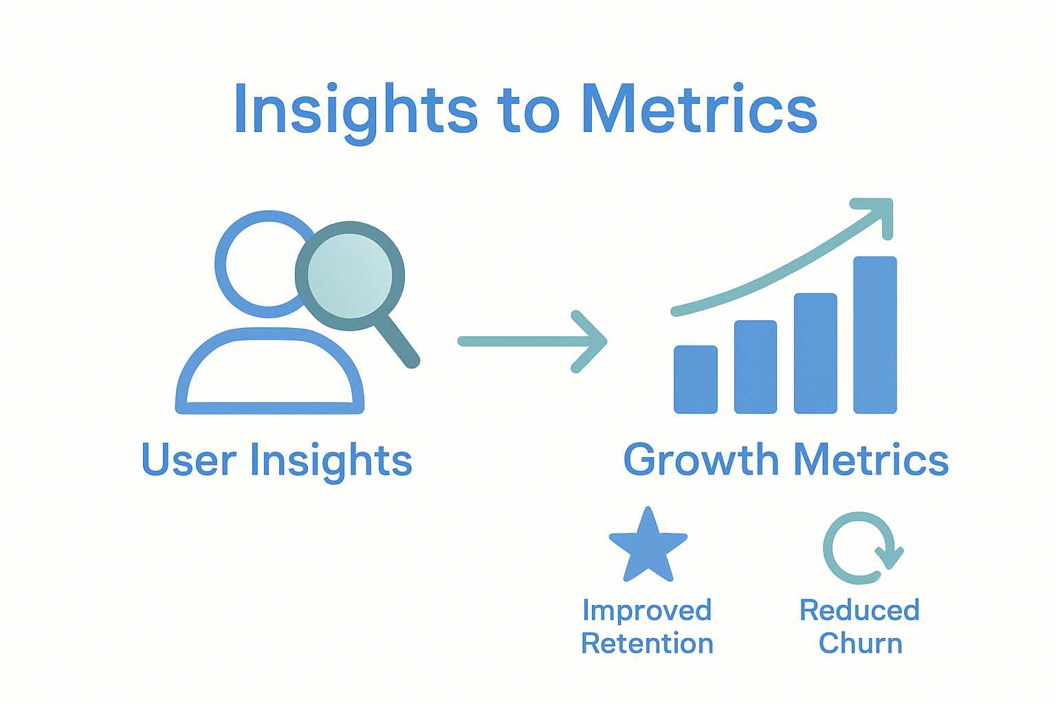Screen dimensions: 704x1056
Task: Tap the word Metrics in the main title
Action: coord(698,110)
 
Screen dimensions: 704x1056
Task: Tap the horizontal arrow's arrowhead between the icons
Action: coord(590,342)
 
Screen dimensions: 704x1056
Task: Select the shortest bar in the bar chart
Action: coord(695,379)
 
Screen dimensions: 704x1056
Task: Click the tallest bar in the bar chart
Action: coord(874,335)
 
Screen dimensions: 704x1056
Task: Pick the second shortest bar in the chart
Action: coord(755,366)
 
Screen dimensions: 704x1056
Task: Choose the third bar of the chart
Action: coord(815,353)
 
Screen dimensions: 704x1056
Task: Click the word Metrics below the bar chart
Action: coord(870,460)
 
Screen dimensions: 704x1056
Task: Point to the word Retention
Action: coord(647,643)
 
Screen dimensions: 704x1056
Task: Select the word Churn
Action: coord(860,643)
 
